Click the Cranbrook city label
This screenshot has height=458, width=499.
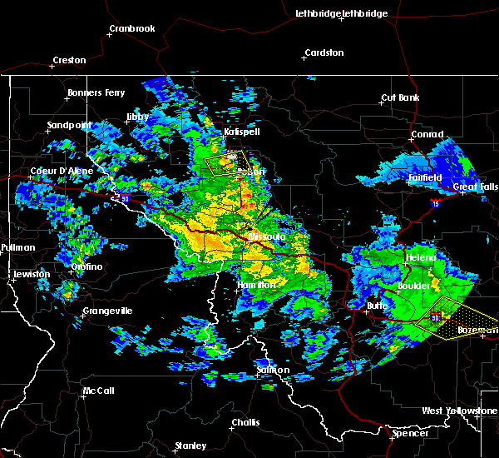[132, 28]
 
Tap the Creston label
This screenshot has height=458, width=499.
[69, 60]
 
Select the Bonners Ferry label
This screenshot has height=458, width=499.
[96, 92]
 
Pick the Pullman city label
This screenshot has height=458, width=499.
[17, 247]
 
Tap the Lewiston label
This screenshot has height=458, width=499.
[32, 274]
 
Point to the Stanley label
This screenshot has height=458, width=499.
[190, 446]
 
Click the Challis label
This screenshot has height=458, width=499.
[245, 422]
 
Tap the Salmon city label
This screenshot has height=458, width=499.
[273, 370]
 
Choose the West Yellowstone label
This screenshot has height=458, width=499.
[459, 411]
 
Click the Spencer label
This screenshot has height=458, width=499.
[411, 433]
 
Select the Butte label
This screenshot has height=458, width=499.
[378, 306]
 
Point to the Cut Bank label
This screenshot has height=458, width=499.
[400, 97]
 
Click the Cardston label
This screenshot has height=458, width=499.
[324, 52]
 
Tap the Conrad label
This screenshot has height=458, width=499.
[427, 135]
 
